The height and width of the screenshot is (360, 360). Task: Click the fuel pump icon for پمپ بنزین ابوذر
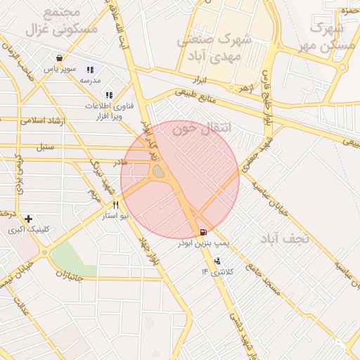click(x=203, y=232)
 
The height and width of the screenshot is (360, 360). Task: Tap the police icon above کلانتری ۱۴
click(x=215, y=261)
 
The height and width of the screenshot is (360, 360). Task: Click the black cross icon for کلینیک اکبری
click(x=28, y=219)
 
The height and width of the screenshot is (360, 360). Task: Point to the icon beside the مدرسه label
click(x=90, y=70)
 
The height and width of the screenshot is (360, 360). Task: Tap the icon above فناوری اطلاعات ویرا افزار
click(x=108, y=94)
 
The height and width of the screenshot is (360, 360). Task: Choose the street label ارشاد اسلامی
click(x=43, y=120)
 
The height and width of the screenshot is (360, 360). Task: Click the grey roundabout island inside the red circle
click(x=160, y=172)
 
